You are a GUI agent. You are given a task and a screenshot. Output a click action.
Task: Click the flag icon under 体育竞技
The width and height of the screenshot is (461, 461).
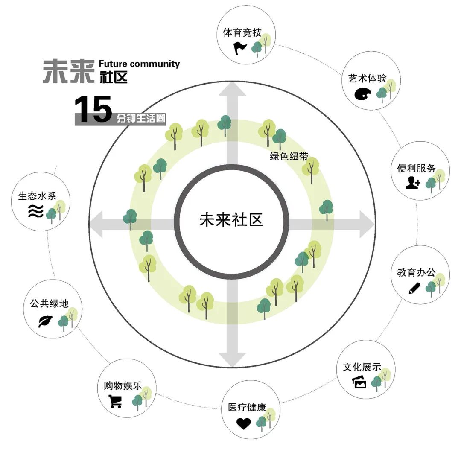pyautogui.click(x=240, y=48)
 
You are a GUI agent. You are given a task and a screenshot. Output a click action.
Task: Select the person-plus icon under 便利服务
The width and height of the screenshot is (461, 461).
pyautogui.click(x=413, y=183)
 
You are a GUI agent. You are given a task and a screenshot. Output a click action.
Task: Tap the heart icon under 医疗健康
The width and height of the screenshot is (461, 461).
pyautogui.click(x=244, y=423)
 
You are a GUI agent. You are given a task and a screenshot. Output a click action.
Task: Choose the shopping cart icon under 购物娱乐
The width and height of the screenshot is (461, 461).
pyautogui.click(x=115, y=401)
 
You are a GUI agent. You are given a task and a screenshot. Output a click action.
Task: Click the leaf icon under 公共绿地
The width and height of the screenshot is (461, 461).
pyautogui.click(x=45, y=321)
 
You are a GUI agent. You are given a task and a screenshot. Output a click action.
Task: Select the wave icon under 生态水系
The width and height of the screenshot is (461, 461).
pyautogui.click(x=36, y=211)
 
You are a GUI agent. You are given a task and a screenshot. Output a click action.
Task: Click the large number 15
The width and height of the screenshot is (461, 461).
pyautogui.click(x=93, y=110)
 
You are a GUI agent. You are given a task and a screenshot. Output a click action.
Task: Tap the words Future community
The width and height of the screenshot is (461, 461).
pyautogui.click(x=139, y=64)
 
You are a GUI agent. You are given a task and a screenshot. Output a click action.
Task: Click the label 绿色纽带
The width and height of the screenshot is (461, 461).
pyautogui.click(x=289, y=156)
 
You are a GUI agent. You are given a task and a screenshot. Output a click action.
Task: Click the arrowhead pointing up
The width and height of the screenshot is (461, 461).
pyautogui.click(x=233, y=89)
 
